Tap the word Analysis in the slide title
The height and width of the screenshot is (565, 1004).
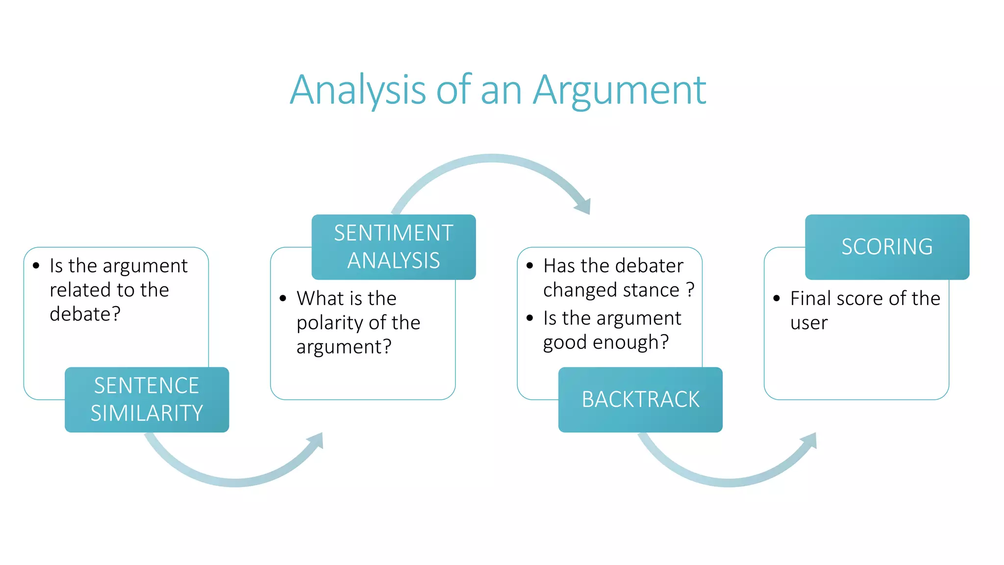pos(358,91)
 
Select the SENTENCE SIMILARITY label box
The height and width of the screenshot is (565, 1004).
pos(147,399)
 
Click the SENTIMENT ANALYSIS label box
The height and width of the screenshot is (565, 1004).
pos(393,247)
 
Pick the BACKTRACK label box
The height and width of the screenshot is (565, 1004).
pos(640,399)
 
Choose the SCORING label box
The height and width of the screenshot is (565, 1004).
pos(887,247)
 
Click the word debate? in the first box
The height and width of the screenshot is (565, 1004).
pos(85,314)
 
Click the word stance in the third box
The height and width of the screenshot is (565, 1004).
pos(651,290)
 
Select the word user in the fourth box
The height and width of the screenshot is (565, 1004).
pos(809,323)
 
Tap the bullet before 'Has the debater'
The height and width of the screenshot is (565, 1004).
pos(529,266)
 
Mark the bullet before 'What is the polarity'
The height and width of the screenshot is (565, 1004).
pos(283,298)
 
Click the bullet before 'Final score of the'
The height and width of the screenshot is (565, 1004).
pos(777,298)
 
